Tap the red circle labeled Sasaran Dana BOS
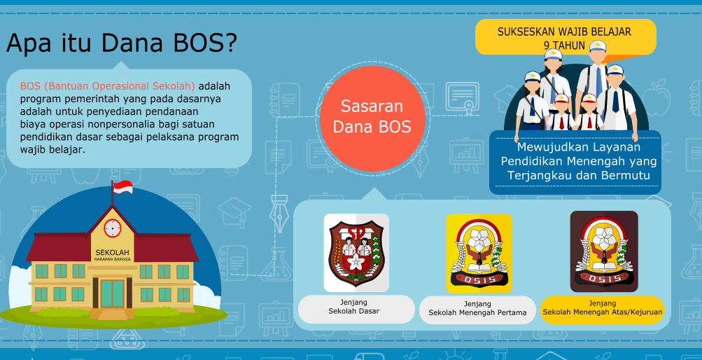372,117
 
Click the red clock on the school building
112,228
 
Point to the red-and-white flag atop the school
122,187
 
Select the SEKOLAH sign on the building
112,253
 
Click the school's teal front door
112,292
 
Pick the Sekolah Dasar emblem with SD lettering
356,252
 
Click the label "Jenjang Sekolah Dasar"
356,308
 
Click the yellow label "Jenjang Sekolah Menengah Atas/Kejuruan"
602,308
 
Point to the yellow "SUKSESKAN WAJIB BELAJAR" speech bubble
565,37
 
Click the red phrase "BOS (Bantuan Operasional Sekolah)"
107,86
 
